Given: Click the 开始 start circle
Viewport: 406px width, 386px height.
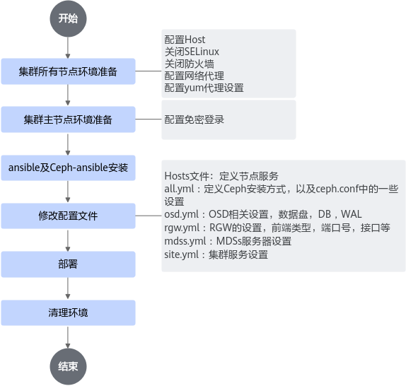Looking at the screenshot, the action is point(68,18).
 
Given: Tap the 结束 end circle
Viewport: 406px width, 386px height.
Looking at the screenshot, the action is point(68,367).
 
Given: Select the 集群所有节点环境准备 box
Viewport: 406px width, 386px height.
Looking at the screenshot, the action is point(68,71).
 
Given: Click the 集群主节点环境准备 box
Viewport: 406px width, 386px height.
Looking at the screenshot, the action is point(68,119).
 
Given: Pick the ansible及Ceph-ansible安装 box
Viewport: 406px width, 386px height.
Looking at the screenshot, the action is point(68,168).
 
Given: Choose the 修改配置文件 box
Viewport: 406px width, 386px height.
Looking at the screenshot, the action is point(68,216).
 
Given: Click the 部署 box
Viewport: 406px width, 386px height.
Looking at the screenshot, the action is point(68,264).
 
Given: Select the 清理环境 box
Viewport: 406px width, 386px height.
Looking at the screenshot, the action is point(68,312).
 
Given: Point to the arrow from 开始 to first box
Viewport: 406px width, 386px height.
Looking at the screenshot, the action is point(68,47).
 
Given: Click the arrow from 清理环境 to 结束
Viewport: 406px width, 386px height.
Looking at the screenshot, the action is point(68,337).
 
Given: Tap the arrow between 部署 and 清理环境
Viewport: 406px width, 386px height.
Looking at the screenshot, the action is point(68,288).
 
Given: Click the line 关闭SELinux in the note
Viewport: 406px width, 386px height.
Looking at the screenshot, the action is point(192,52).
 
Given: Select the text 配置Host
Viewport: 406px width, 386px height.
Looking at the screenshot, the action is point(185,40).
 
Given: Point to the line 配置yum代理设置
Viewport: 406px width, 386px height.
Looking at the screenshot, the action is point(204,88).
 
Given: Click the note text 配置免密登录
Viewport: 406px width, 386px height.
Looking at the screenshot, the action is point(195,119).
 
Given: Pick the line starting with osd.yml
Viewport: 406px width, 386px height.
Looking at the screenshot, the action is point(263,214).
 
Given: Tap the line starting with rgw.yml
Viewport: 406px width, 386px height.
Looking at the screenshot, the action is point(277,228).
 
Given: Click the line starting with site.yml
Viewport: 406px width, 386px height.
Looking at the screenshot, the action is point(216,255).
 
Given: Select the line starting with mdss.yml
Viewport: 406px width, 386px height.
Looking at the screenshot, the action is point(228,241).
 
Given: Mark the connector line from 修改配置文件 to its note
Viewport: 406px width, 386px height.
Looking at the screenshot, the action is point(149,216).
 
